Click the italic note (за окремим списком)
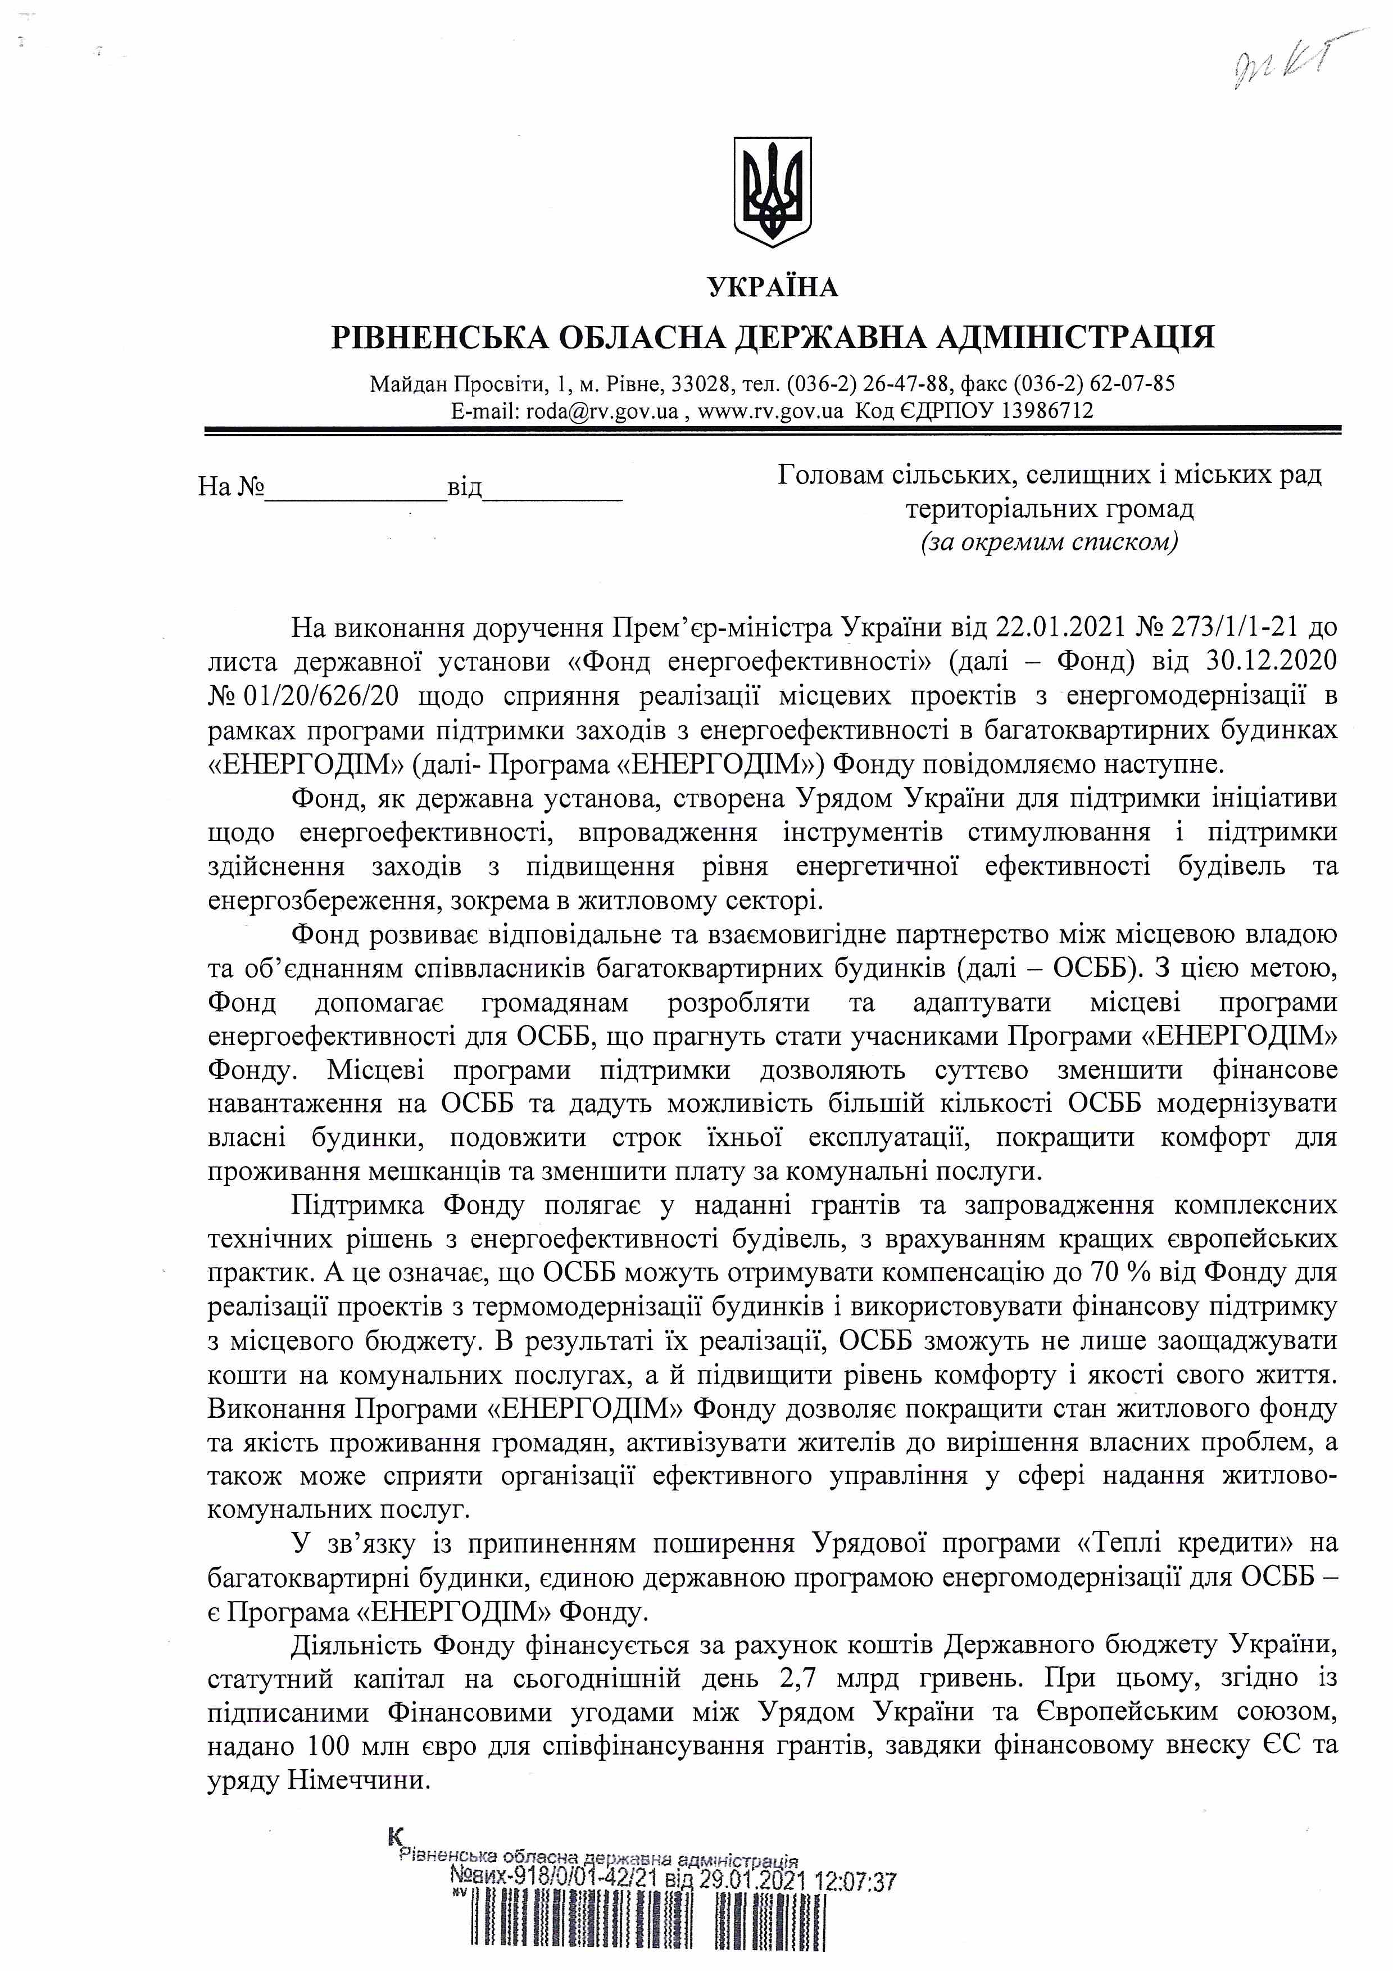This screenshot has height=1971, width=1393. tap(1049, 543)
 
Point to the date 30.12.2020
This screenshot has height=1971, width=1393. tap(1272, 662)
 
